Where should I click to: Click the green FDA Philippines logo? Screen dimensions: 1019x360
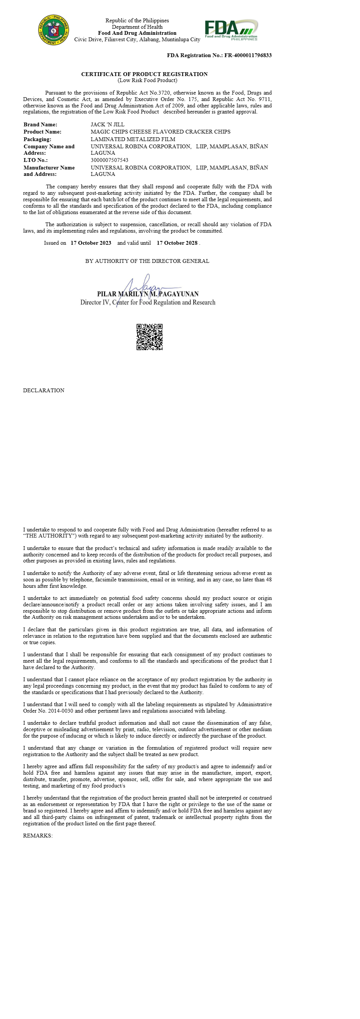click(231, 30)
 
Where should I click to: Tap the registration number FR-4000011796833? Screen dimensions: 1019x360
click(248, 55)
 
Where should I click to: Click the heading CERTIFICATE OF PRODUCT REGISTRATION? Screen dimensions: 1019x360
click(144, 74)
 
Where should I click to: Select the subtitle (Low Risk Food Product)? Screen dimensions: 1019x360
click(147, 80)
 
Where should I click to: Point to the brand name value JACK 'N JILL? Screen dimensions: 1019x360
click(107, 124)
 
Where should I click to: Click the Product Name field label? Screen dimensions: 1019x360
click(42, 132)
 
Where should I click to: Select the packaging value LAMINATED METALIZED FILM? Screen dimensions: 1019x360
click(133, 139)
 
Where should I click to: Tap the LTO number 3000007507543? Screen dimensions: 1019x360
click(109, 160)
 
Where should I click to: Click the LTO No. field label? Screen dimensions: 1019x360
click(36, 160)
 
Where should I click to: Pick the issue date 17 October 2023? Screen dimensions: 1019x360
click(91, 243)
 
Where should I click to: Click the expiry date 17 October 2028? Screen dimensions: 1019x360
click(177, 243)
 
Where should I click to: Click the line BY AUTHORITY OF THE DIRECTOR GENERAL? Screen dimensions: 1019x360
click(147, 261)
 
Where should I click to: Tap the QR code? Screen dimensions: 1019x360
click(149, 337)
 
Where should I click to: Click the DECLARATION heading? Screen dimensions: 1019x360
click(43, 390)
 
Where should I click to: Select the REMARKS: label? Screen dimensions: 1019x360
click(38, 836)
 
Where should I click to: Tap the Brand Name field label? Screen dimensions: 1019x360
click(40, 124)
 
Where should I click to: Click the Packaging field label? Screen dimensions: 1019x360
click(37, 139)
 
